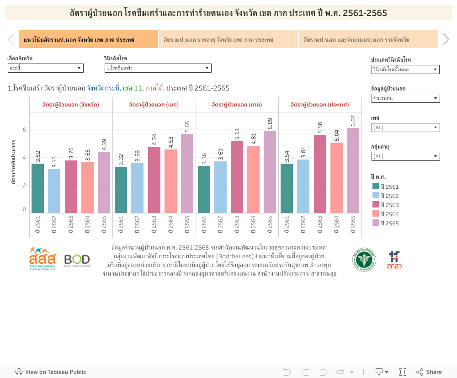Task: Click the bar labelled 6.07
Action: coord(353,170)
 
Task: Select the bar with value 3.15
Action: coord(54,191)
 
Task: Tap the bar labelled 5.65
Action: coord(187,174)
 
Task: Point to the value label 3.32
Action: coord(121,160)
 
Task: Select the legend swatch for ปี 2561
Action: coord(376,186)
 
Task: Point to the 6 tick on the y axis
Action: coord(24,130)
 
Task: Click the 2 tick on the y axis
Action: coord(24,185)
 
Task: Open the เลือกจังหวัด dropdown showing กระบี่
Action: coord(45,68)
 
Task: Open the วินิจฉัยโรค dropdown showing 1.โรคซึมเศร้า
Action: coord(158,68)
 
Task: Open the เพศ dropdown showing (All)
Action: coord(405,128)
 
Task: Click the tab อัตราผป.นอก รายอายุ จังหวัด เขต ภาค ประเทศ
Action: coord(228,40)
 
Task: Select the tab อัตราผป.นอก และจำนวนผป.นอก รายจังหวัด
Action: coord(368,40)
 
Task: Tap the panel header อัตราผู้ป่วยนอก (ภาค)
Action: coord(237,105)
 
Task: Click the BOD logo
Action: coord(77,260)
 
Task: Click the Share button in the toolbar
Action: coord(429,372)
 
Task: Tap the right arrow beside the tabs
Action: coord(446,40)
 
